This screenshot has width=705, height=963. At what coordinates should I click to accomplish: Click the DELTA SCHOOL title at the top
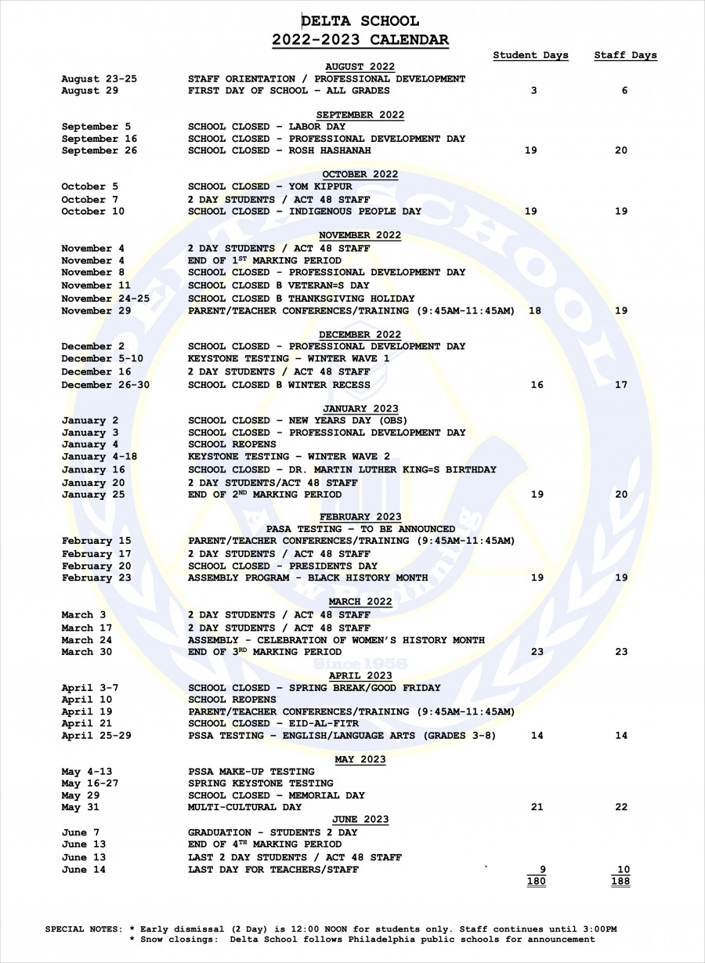click(360, 21)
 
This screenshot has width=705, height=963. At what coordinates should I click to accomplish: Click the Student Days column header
click(530, 56)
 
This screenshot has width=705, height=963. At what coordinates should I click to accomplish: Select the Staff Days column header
click(625, 56)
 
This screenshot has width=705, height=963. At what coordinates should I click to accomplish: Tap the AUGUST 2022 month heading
click(360, 67)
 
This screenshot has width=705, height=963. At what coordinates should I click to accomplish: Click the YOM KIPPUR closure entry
click(269, 186)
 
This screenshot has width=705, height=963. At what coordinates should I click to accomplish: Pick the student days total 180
click(537, 882)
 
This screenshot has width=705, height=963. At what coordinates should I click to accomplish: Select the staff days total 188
click(620, 882)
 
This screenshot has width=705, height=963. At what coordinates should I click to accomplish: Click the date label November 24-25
click(105, 299)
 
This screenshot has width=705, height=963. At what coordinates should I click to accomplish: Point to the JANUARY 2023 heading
click(360, 408)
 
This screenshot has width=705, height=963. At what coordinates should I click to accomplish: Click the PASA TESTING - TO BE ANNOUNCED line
click(360, 529)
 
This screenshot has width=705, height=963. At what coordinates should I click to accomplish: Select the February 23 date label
click(96, 577)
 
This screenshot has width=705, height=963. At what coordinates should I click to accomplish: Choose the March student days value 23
click(537, 652)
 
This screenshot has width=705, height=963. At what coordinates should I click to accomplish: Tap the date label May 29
click(81, 795)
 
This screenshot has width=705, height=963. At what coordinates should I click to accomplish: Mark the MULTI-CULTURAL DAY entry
click(244, 807)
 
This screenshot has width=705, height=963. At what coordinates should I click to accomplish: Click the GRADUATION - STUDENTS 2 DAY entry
click(272, 832)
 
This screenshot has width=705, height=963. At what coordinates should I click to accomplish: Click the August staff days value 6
click(624, 91)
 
